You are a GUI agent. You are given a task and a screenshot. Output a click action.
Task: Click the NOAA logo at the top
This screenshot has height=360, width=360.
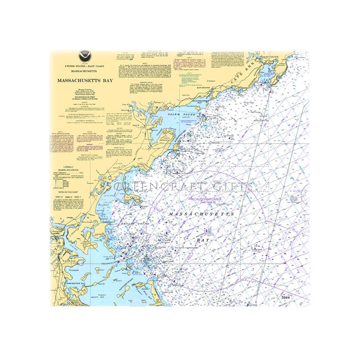[x=85, y=56]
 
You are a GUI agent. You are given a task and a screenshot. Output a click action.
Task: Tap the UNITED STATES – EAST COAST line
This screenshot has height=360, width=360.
[x=85, y=66]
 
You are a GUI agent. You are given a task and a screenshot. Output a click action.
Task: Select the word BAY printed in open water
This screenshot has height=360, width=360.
[x=203, y=240]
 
